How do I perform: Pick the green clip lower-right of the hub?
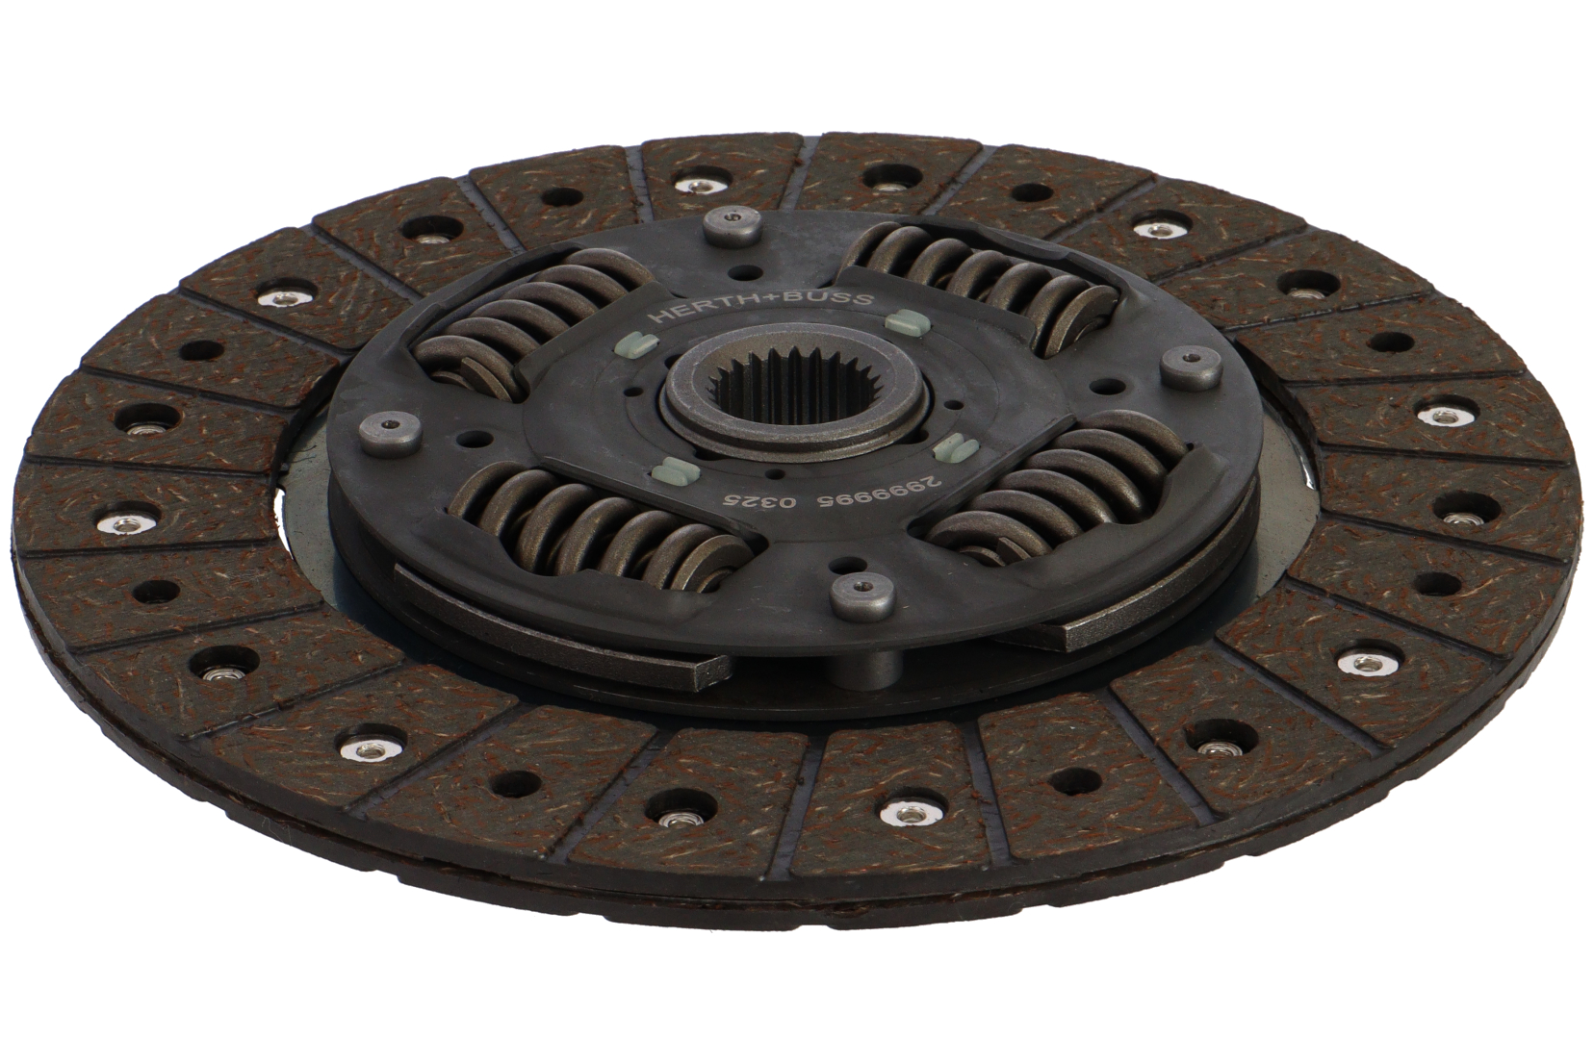[x=951, y=446]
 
